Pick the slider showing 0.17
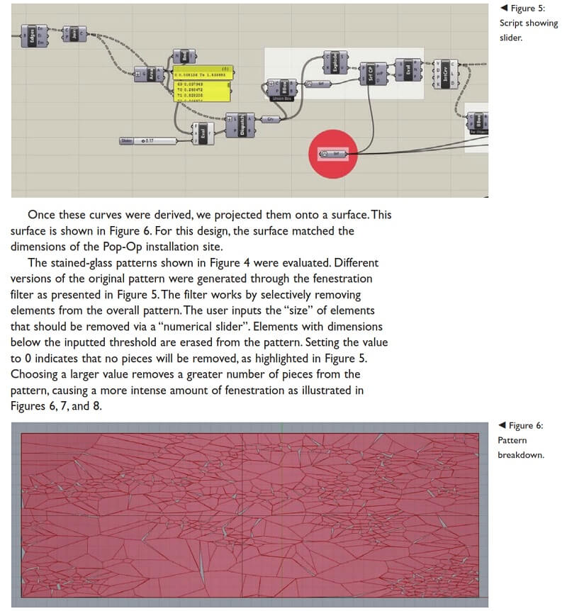click(147, 141)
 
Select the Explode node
click(331, 62)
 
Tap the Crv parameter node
click(270, 120)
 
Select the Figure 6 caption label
click(525, 425)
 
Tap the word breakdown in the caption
click(522, 454)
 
